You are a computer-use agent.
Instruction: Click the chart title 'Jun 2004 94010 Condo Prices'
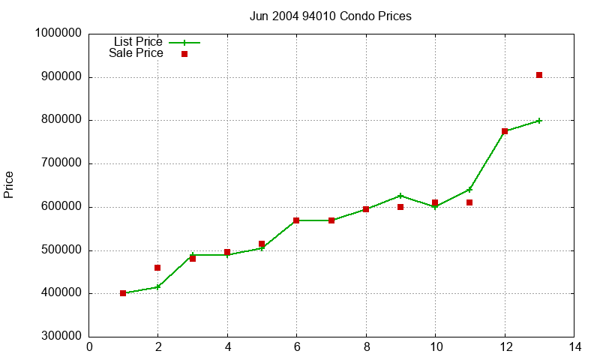(x=330, y=16)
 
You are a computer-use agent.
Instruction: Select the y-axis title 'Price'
(x=9, y=184)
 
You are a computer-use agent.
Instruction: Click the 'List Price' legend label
(x=138, y=42)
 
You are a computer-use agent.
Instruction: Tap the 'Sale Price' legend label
(x=136, y=53)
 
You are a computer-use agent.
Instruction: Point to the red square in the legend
(x=184, y=54)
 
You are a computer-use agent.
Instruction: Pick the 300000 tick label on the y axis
(x=61, y=337)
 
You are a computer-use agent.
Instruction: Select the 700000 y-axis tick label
(x=61, y=163)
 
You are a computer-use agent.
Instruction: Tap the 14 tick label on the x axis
(x=574, y=347)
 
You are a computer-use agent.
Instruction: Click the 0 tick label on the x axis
(x=89, y=347)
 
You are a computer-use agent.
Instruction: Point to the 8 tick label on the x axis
(x=366, y=347)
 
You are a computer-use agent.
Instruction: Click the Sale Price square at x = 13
(x=539, y=75)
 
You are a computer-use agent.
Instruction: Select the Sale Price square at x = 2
(x=157, y=268)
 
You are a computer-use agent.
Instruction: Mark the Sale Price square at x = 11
(x=469, y=202)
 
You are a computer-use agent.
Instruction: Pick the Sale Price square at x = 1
(x=123, y=293)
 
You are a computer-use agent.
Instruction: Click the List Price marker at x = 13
(x=539, y=121)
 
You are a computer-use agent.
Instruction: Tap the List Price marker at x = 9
(x=400, y=196)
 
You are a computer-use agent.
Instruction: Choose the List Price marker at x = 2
(x=157, y=286)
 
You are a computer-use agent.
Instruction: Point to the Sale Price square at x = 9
(x=400, y=207)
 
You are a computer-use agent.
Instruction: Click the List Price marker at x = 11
(x=469, y=190)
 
